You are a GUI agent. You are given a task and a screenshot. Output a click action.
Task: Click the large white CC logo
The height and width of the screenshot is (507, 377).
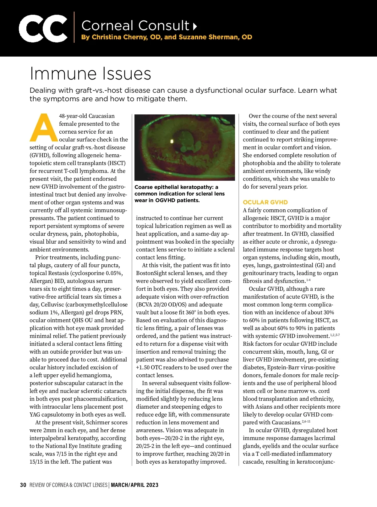pyautogui.click(x=43, y=28)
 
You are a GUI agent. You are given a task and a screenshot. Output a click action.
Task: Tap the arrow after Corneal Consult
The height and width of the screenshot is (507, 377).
pyautogui.click(x=195, y=26)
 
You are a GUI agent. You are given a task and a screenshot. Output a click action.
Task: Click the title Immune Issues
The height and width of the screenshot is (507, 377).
pyautogui.click(x=90, y=74)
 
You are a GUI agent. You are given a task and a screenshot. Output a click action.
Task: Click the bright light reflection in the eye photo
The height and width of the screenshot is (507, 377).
pyautogui.click(x=172, y=141)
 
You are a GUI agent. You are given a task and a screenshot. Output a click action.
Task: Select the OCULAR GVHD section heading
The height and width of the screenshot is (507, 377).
pyautogui.click(x=265, y=202)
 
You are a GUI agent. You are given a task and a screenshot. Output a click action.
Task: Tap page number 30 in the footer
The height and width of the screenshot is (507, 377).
pyautogui.click(x=23, y=485)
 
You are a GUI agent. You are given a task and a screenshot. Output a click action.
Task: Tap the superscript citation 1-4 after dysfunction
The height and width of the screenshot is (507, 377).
pyautogui.click(x=308, y=280)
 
